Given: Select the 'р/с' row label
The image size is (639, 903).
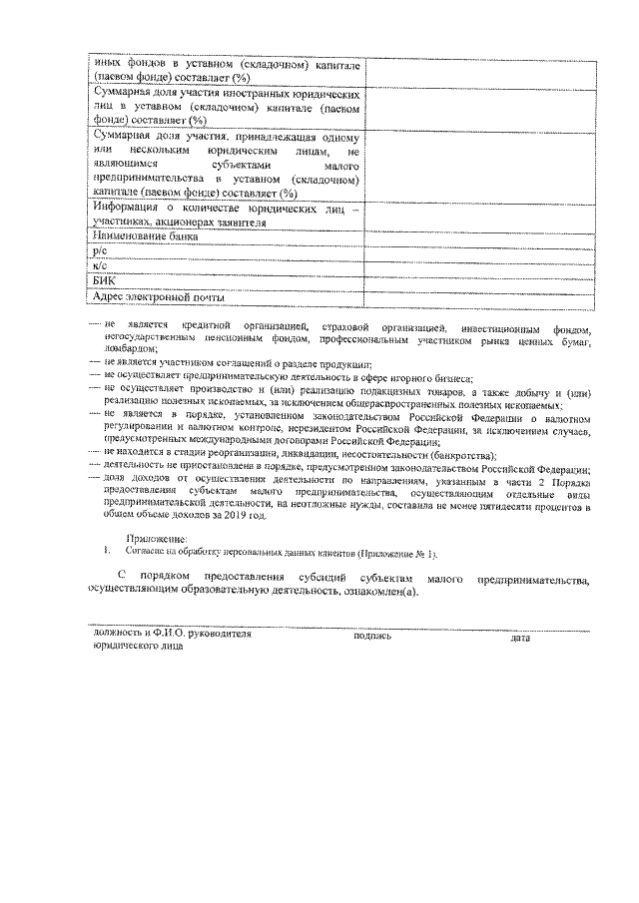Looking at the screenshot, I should click(98, 252).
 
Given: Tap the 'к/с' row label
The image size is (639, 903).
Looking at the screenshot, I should click(98, 267).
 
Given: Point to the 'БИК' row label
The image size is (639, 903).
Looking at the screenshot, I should click(103, 282).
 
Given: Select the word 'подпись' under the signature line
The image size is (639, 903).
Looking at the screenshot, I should click(372, 636).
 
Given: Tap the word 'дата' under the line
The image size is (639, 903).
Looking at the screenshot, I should click(519, 636).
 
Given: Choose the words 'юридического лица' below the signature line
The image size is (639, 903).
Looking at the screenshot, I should click(137, 647).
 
